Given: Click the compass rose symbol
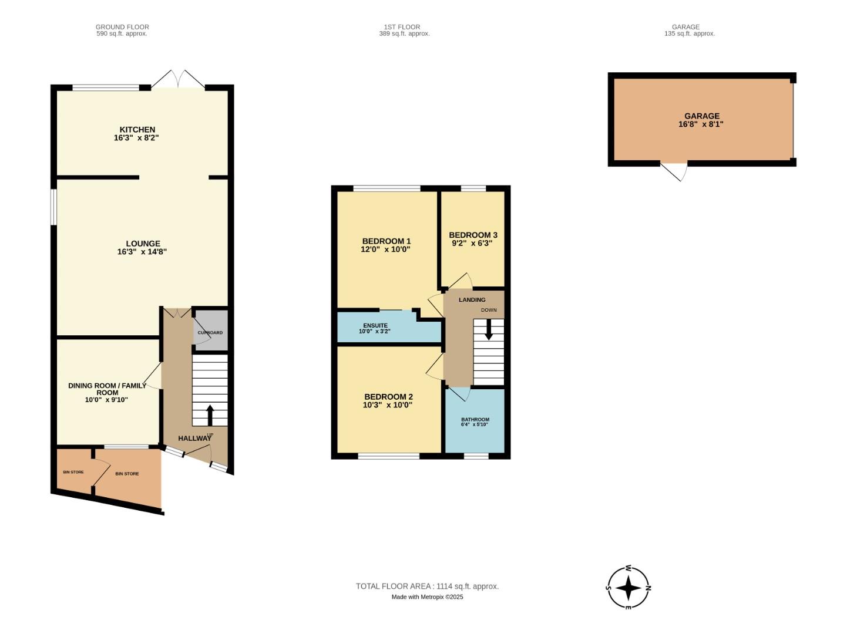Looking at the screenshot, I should [x=628, y=588].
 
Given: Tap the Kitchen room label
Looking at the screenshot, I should [x=137, y=130].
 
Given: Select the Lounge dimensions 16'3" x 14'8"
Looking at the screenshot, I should [x=142, y=252].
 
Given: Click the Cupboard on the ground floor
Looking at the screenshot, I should [x=210, y=332].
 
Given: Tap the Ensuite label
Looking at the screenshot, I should [x=375, y=326].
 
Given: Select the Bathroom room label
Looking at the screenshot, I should [x=475, y=420].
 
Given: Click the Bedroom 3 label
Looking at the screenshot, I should [x=473, y=235].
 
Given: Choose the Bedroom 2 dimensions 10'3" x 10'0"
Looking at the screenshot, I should [x=388, y=405].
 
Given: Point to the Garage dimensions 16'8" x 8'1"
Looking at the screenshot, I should [x=701, y=124].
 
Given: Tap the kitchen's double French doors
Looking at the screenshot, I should [x=179, y=80].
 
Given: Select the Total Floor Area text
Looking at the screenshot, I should [x=427, y=586].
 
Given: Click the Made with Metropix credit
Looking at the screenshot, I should [x=427, y=597].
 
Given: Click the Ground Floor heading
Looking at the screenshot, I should [x=122, y=27].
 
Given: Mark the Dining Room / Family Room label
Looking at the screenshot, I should [x=107, y=389].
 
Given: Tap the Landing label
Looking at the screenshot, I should [x=472, y=300].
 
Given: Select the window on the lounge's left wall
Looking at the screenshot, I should [x=53, y=207].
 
